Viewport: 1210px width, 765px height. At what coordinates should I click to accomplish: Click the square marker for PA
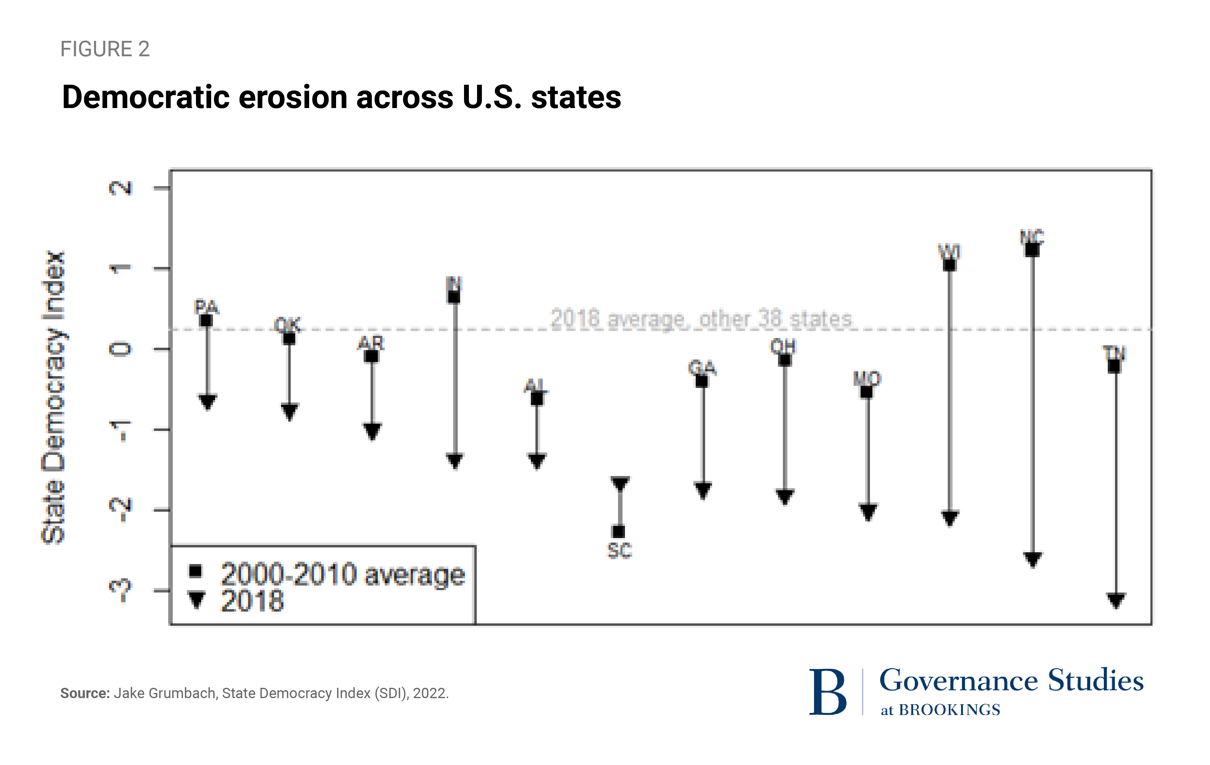point(206,320)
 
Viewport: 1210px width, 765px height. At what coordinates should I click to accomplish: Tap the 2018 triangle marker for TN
point(1116,600)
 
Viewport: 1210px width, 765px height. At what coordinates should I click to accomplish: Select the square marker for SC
point(619,531)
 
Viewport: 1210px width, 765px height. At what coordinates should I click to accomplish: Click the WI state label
point(949,251)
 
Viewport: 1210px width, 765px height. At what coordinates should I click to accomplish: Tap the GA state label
point(702,367)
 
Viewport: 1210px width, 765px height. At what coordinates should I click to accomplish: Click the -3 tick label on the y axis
point(121,591)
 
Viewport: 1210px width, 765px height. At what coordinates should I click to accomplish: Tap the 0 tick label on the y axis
point(121,349)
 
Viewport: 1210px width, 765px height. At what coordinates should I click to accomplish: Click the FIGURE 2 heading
point(105,49)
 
